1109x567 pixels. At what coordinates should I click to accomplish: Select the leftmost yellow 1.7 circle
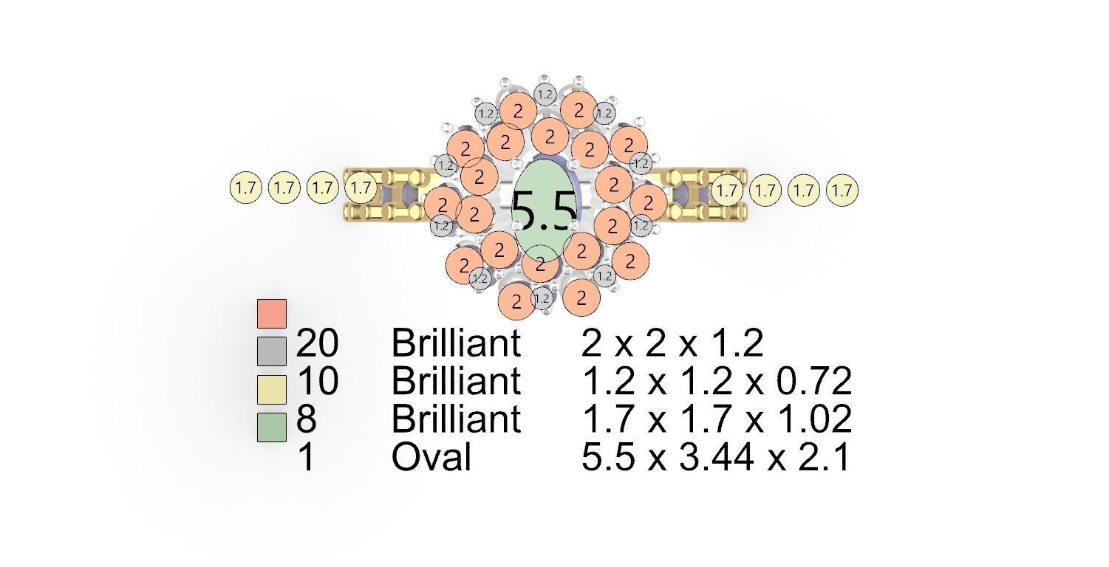pyautogui.click(x=246, y=188)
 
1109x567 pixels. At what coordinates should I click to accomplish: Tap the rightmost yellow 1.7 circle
pyautogui.click(x=842, y=190)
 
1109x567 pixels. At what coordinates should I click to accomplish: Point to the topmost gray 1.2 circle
pyautogui.click(x=545, y=94)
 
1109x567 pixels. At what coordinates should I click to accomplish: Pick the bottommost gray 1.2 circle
pyautogui.click(x=542, y=298)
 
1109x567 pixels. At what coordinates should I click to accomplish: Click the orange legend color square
pyautogui.click(x=271, y=313)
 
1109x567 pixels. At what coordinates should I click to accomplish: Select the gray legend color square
pyautogui.click(x=271, y=351)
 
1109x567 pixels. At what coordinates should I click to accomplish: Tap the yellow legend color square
pyautogui.click(x=271, y=389)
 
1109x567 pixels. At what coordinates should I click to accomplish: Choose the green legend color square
pyautogui.click(x=271, y=427)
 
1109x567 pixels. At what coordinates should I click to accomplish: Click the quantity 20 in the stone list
pyautogui.click(x=317, y=344)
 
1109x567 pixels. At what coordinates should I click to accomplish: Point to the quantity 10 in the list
pyautogui.click(x=317, y=382)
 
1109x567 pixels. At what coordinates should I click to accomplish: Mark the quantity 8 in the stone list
pyautogui.click(x=307, y=419)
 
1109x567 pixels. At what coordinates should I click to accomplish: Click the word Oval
pyautogui.click(x=431, y=458)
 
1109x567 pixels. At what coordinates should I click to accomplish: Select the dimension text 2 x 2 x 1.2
pyautogui.click(x=672, y=344)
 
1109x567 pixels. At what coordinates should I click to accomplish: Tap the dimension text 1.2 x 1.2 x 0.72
pyautogui.click(x=716, y=382)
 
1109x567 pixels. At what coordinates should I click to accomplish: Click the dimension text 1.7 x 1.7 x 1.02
pyautogui.click(x=716, y=419)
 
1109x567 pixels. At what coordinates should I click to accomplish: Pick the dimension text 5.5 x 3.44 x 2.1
pyautogui.click(x=714, y=458)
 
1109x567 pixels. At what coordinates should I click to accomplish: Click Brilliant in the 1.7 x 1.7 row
pyautogui.click(x=456, y=419)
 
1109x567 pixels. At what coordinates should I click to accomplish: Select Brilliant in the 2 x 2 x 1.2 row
pyautogui.click(x=456, y=344)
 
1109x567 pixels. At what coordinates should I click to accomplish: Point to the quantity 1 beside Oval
pyautogui.click(x=305, y=458)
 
